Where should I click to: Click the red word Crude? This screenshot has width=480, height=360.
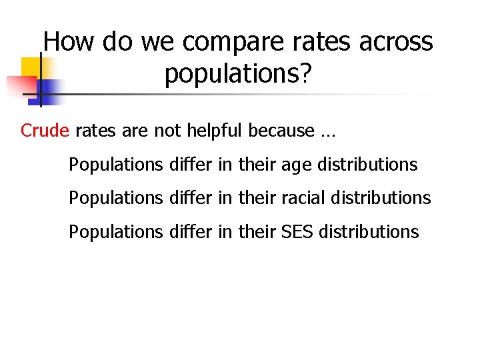click(45, 131)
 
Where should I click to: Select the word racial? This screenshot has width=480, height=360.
click(303, 198)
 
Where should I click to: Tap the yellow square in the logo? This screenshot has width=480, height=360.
click(31, 67)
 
